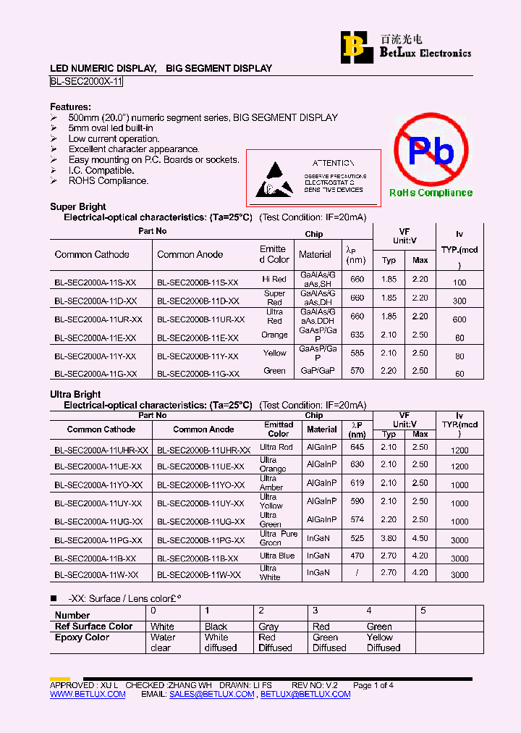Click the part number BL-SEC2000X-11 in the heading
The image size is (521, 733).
coord(86,82)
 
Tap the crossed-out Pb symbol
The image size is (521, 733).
coord(431,152)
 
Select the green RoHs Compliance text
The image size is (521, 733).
coord(431,193)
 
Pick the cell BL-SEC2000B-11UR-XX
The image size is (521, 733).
coord(200,319)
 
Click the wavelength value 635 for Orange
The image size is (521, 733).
coord(357,335)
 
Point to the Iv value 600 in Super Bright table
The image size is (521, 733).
coord(459,319)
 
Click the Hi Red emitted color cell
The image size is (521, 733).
coord(274,279)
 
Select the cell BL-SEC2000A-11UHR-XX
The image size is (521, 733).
coord(101,450)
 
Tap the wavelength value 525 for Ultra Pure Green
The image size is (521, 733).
coord(357,538)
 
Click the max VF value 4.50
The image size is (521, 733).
coord(420,538)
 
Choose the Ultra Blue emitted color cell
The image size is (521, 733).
coord(277,556)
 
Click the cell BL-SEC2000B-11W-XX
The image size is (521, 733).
coord(198,574)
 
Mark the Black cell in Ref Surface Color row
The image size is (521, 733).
coord(216,627)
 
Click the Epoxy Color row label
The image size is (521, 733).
coord(82,637)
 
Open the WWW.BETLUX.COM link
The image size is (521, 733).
coord(88,694)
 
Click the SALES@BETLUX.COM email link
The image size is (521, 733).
coord(211,694)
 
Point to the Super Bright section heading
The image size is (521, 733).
coord(78,206)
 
